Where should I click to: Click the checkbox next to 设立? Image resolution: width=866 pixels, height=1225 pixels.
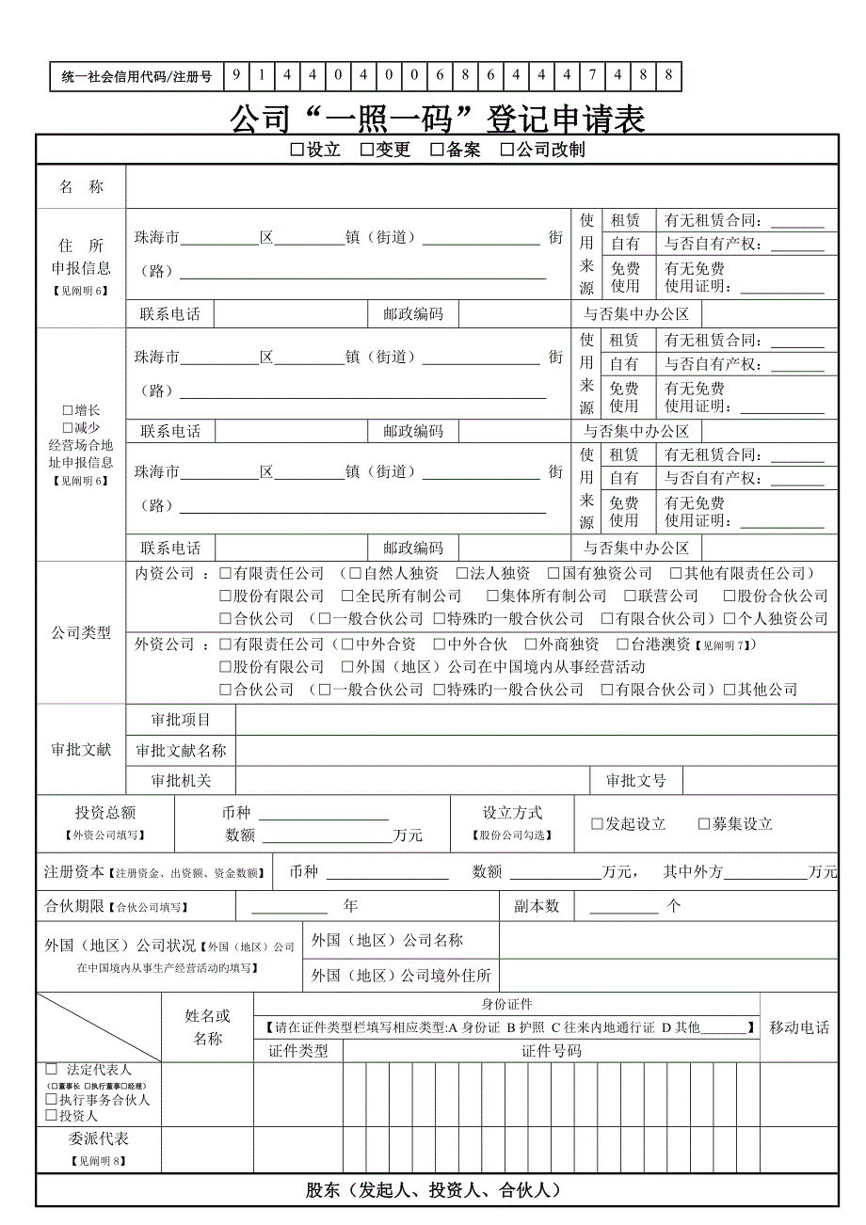[x=297, y=151]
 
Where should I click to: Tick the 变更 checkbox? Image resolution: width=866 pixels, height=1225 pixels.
[x=367, y=151]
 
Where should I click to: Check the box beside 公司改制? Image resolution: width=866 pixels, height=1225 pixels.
[x=507, y=151]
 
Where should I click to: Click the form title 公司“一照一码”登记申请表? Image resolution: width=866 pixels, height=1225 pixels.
[x=438, y=119]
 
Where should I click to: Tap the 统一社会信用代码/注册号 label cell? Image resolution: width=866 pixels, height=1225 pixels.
[x=137, y=76]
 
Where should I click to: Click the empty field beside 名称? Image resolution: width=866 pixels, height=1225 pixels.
[x=481, y=186]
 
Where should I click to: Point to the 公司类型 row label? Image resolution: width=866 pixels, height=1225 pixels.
[x=81, y=632]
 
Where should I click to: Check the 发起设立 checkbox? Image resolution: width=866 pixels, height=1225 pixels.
[x=597, y=824]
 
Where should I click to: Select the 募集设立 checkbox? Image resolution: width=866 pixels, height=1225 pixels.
[x=704, y=824]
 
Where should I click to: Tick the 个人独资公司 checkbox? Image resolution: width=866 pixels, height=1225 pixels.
[x=730, y=619]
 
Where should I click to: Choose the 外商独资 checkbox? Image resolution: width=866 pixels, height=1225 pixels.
[x=531, y=644]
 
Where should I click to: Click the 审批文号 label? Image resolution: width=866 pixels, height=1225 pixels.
[x=636, y=780]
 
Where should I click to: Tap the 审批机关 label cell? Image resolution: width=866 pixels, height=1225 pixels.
[x=181, y=780]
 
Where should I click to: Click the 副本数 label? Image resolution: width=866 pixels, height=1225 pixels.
[x=537, y=906]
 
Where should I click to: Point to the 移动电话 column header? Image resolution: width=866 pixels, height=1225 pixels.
[x=799, y=1027]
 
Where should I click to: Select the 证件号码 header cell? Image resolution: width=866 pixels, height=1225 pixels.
[x=551, y=1051]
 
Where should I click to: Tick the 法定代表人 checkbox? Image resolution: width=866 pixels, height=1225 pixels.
[x=52, y=1070]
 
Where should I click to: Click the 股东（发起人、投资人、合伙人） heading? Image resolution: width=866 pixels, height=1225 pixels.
[x=434, y=1190]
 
